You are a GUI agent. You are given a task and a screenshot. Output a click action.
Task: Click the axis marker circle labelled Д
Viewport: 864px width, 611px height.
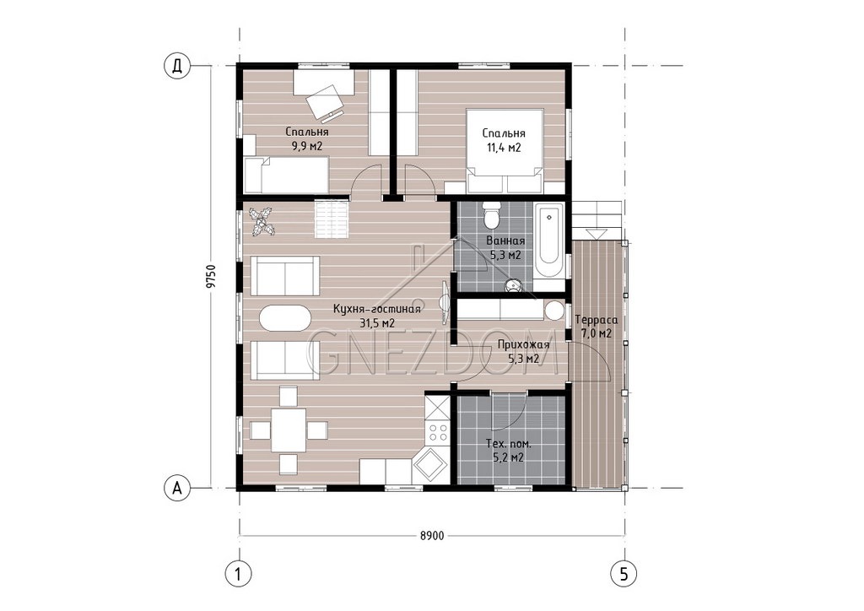click(x=177, y=66)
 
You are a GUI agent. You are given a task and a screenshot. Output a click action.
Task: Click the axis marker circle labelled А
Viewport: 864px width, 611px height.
click(x=177, y=488)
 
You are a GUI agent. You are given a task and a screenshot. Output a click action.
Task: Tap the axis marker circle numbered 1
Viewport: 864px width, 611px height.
click(x=239, y=574)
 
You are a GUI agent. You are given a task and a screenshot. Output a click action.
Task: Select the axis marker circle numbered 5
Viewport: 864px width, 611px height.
click(x=624, y=574)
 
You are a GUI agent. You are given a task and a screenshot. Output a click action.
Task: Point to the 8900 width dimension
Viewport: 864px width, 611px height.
click(x=431, y=536)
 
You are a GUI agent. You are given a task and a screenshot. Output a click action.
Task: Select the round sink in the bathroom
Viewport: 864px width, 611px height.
click(x=514, y=285)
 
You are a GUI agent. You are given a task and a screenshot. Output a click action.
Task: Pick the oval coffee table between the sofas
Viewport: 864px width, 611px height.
click(x=284, y=318)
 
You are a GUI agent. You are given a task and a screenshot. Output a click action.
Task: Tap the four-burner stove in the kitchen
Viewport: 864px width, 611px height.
click(x=438, y=431)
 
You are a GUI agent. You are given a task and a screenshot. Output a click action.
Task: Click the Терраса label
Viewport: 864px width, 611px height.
click(x=597, y=320)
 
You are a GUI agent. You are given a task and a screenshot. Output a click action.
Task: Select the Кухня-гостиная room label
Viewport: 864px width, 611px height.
click(x=377, y=309)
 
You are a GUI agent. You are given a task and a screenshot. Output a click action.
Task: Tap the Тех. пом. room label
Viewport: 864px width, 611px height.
click(x=509, y=444)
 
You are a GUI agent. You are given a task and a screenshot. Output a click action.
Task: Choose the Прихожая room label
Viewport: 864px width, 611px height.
click(x=523, y=345)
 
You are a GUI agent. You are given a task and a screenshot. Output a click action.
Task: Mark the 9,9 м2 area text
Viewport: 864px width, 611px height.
click(x=307, y=146)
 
